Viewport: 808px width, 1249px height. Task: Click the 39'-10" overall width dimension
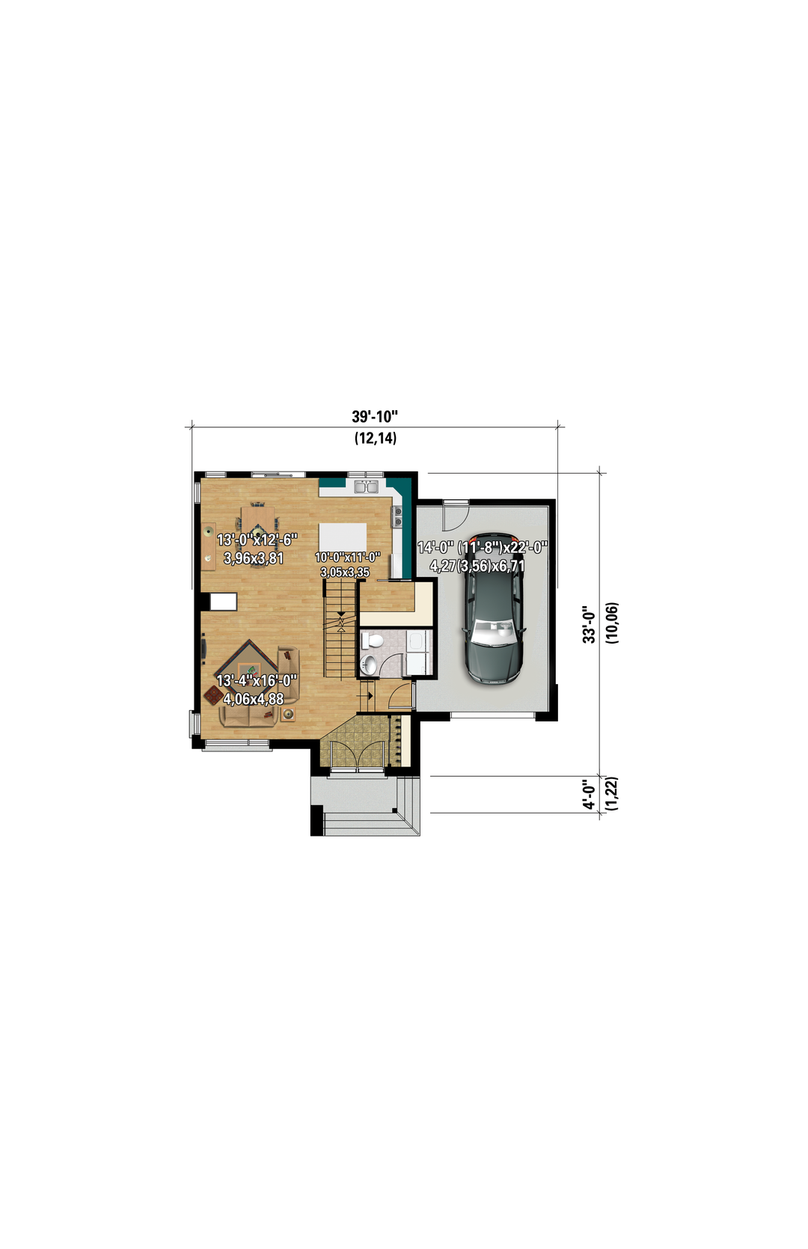point(375,417)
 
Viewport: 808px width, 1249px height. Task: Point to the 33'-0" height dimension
point(589,623)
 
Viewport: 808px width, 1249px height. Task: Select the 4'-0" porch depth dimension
point(589,795)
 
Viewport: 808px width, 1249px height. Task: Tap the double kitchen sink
point(366,486)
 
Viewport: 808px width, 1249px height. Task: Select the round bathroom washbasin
point(369,664)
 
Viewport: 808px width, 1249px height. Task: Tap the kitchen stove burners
point(397,517)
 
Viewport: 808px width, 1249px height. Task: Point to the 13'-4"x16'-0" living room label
point(257,681)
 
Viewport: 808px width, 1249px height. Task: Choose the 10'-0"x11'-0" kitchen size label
point(347,557)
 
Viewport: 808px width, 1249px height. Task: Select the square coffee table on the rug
point(249,669)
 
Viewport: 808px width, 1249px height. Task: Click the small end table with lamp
point(288,714)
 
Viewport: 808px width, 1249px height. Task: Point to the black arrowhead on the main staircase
point(340,614)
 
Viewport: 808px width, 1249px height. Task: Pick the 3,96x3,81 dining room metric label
point(254,558)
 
